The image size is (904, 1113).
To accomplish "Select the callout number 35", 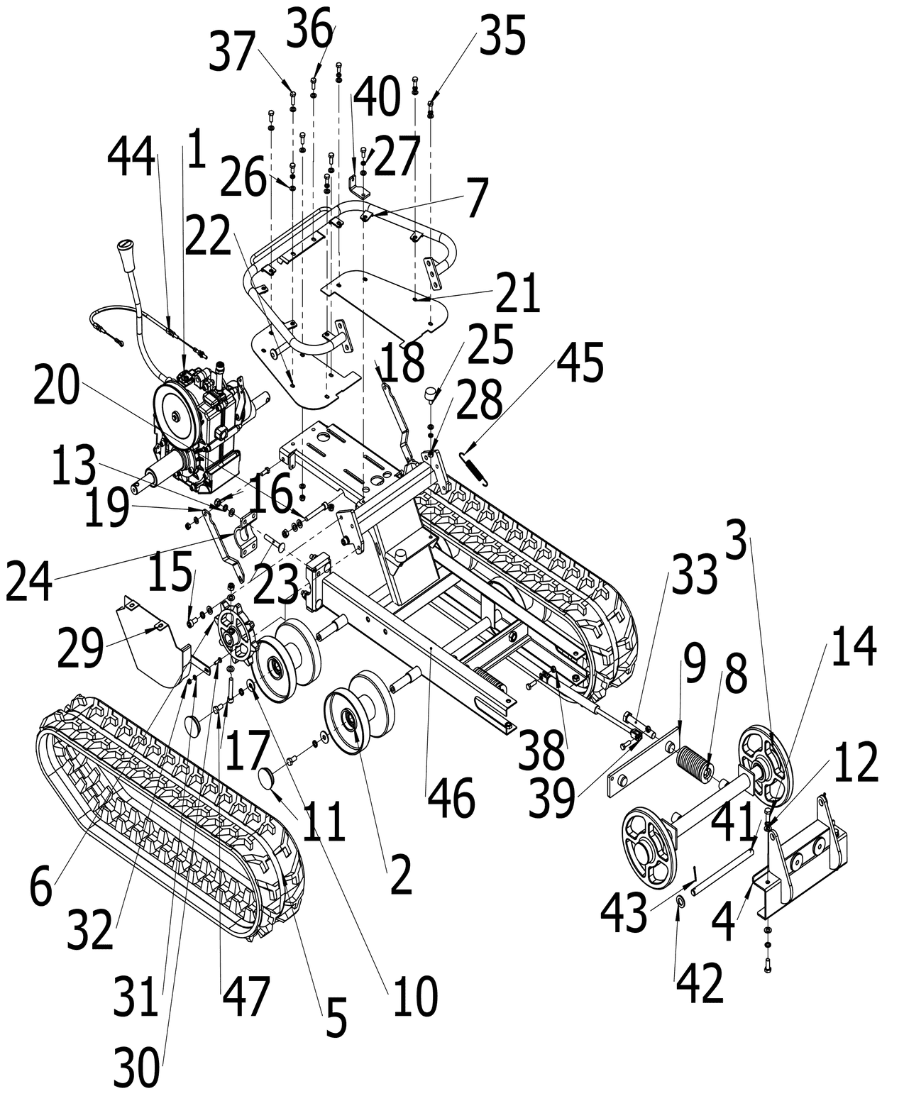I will coord(502,36).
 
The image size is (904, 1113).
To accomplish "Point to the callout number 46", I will coord(451,799).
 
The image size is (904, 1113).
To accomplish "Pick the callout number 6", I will coord(41,887).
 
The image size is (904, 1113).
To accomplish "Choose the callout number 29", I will coord(79,648).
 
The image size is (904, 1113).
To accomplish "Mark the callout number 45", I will coord(580,362).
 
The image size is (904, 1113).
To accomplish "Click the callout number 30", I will coord(137,1068).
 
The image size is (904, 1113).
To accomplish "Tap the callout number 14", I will coord(854,648).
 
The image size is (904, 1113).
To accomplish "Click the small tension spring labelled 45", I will coord(474,469).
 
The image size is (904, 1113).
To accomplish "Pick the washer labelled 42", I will coord(679,901).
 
